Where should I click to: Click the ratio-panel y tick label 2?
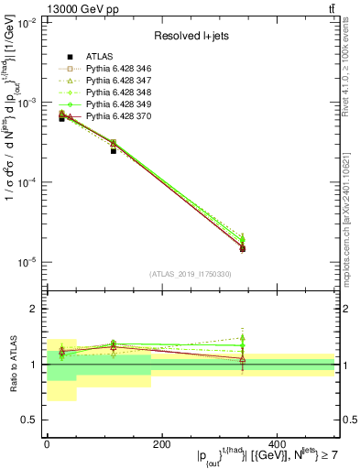pyautogui.click(x=34, y=310)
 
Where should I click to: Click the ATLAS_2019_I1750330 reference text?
pyautogui.click(x=191, y=274)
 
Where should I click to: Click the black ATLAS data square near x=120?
pyautogui.click(x=114, y=150)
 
